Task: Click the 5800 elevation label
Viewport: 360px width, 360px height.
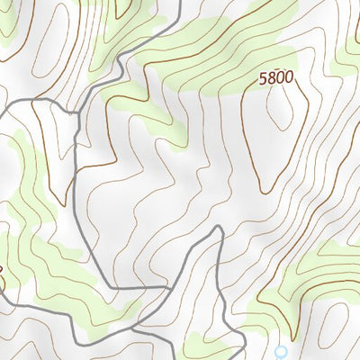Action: (275, 78)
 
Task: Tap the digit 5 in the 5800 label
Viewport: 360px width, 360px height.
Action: (264, 78)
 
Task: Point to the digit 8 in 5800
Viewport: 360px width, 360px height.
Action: (271, 78)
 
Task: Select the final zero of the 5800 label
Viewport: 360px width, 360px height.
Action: (288, 78)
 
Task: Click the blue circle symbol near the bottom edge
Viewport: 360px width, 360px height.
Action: (281, 351)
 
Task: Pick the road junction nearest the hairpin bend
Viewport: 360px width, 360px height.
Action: (168, 290)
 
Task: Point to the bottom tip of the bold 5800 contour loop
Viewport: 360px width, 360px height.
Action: (264, 191)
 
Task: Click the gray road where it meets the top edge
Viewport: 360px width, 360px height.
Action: (179, 3)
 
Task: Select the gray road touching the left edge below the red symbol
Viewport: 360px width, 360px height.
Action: (3, 306)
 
